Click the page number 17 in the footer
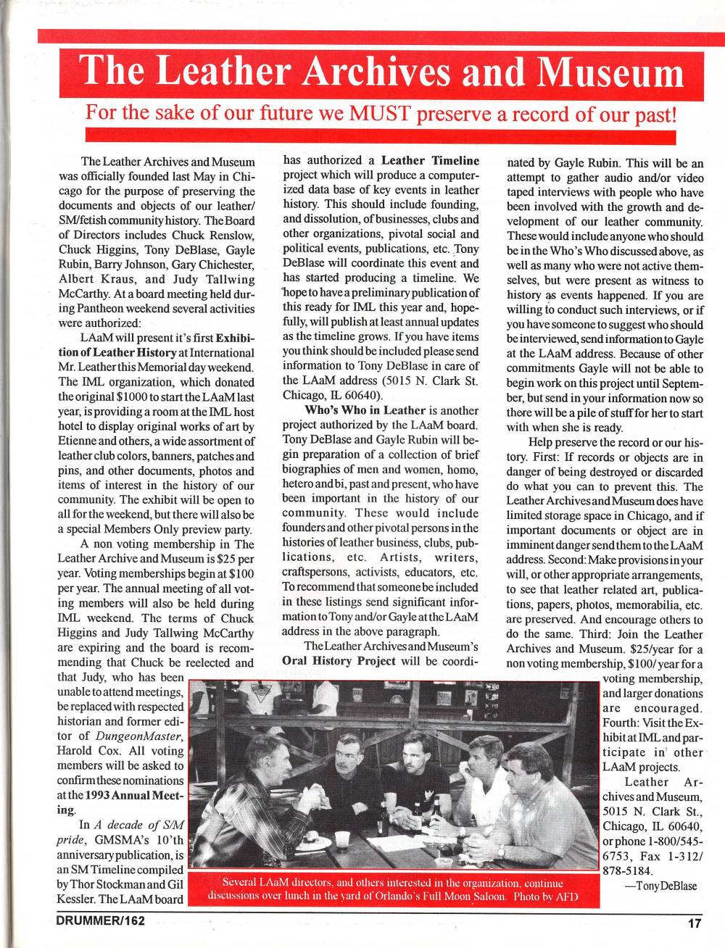pyautogui.click(x=695, y=923)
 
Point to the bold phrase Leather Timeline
pyautogui.click(x=430, y=160)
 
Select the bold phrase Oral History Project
pyautogui.click(x=339, y=660)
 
